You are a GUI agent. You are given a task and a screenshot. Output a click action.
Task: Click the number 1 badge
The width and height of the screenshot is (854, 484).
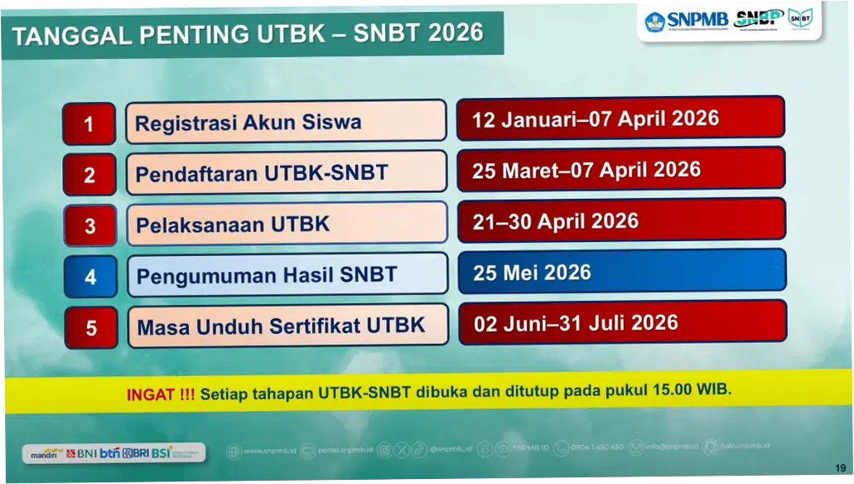89,125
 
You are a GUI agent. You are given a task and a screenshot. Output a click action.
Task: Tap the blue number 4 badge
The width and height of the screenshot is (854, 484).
90,277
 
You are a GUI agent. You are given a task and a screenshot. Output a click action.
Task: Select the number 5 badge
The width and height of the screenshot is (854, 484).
91,328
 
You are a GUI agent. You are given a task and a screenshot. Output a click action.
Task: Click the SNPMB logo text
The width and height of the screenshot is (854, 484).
697,20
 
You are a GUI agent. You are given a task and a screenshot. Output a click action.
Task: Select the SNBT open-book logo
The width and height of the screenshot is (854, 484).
799,19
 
